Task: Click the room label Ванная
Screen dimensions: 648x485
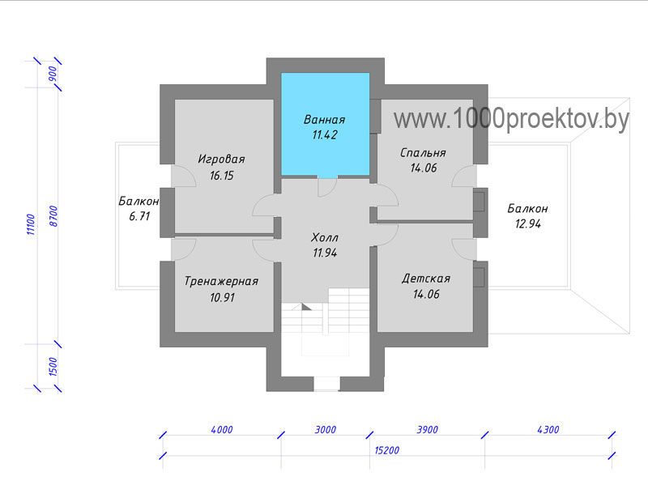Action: [x=325, y=120]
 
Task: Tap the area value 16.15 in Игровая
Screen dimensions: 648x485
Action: [x=221, y=176]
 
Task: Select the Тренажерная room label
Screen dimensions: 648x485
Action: [x=221, y=281]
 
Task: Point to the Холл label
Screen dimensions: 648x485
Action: [x=325, y=237]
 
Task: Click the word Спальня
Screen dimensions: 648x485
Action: [x=423, y=153]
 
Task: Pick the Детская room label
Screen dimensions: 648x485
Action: [x=426, y=279]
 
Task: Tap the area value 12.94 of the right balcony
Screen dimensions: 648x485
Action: [x=528, y=224]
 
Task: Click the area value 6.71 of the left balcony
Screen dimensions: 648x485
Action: [x=139, y=216]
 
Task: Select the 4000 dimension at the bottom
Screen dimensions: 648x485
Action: [x=222, y=430]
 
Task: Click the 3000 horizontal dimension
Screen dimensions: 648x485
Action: [x=326, y=430]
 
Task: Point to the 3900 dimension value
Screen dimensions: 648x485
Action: [x=428, y=430]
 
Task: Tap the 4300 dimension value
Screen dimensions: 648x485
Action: [x=548, y=430]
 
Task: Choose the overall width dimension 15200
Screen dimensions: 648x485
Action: [x=387, y=450]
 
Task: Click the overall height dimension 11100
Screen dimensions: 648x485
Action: [x=31, y=224]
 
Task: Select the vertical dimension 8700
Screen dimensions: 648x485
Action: [x=53, y=216]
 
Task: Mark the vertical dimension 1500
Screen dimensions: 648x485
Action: [x=53, y=367]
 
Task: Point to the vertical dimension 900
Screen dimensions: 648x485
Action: [x=53, y=74]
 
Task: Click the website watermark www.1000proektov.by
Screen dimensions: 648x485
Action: [x=511, y=118]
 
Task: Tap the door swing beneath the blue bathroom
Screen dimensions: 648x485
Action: [x=327, y=187]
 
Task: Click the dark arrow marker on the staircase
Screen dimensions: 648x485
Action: [x=306, y=307]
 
